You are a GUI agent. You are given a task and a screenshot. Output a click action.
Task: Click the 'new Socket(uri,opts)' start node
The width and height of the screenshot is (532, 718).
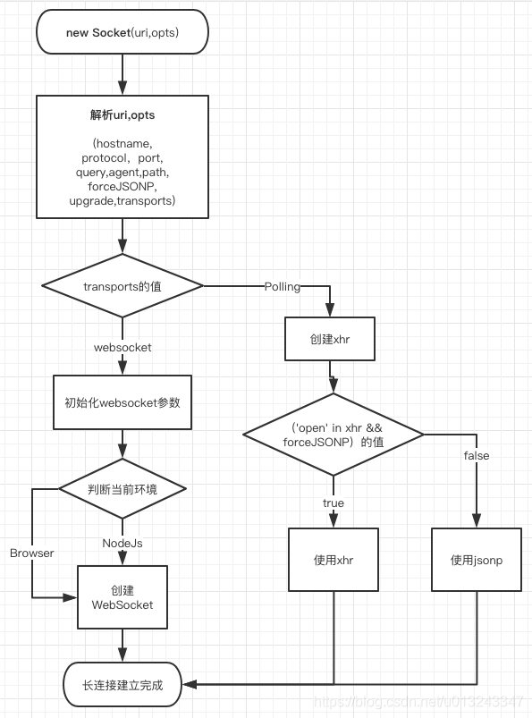tap(122, 33)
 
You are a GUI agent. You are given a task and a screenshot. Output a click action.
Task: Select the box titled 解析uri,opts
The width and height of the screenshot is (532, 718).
tap(122, 156)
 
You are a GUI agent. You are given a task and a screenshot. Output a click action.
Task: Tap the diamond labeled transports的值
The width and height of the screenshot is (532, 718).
tap(122, 286)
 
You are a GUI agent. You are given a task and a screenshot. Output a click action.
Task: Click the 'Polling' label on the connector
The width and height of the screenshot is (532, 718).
tap(283, 286)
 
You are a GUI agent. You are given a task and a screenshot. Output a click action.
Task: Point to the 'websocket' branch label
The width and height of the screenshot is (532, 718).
tap(122, 346)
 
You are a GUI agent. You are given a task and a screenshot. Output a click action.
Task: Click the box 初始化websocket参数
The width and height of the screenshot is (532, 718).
tap(122, 402)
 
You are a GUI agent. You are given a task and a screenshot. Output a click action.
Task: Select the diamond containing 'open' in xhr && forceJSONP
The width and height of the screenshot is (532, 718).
tap(333, 435)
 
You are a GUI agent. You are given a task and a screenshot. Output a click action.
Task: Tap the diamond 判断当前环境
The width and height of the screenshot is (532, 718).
tap(122, 489)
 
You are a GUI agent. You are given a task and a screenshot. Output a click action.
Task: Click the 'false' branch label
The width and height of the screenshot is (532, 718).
tap(476, 456)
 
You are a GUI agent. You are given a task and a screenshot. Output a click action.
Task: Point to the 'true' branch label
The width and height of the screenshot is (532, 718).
tap(333, 503)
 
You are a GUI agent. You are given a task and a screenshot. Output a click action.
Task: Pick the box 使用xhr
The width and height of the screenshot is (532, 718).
tap(333, 560)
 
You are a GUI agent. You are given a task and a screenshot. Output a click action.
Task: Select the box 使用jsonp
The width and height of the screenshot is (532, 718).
tap(476, 560)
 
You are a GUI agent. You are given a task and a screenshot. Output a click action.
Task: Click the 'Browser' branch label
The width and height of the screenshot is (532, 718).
tap(32, 553)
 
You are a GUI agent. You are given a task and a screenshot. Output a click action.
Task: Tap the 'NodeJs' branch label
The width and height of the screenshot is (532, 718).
tap(122, 543)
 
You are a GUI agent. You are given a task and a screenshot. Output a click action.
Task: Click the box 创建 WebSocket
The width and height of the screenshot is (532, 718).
tap(122, 597)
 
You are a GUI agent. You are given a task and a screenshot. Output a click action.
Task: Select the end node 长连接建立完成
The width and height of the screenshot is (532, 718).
tap(122, 685)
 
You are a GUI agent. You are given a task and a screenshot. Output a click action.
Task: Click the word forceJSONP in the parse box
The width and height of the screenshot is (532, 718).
tap(122, 187)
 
